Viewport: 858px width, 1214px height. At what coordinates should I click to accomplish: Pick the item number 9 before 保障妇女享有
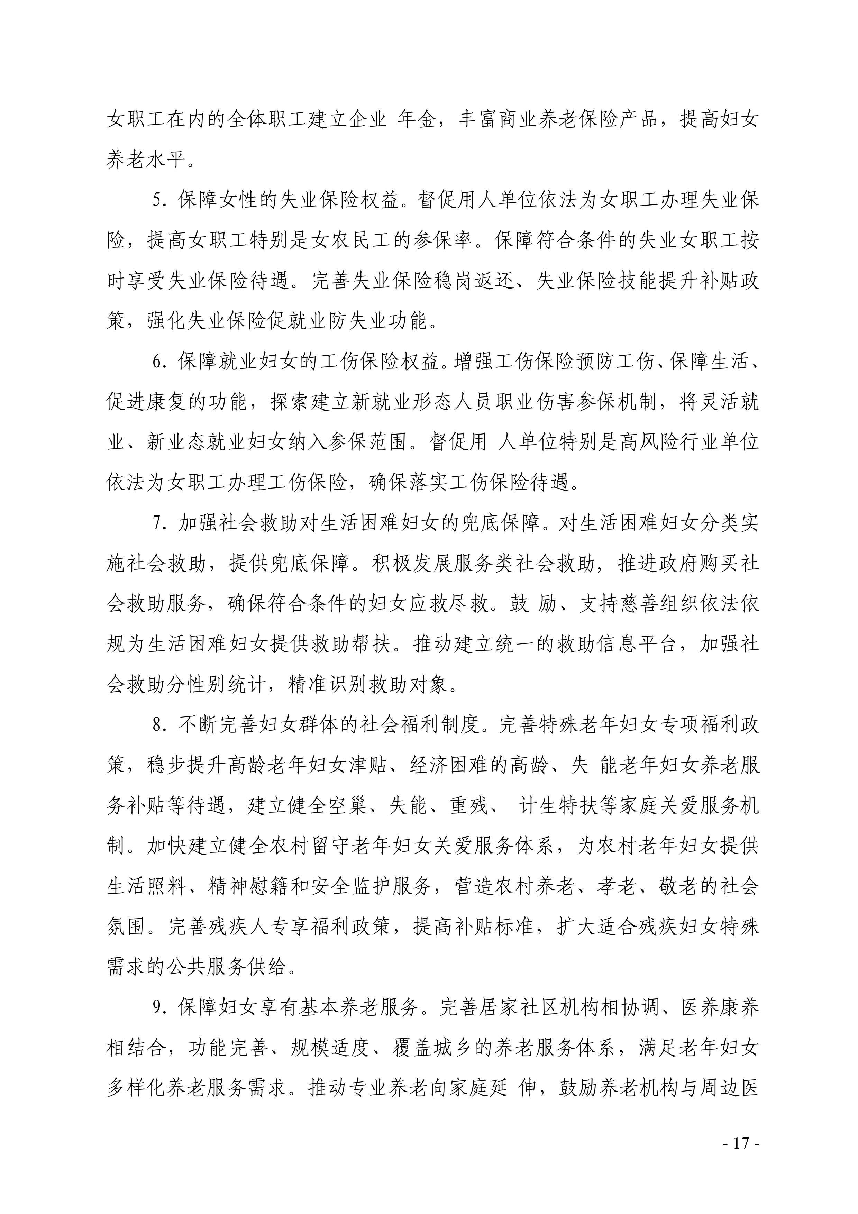[157, 1008]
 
